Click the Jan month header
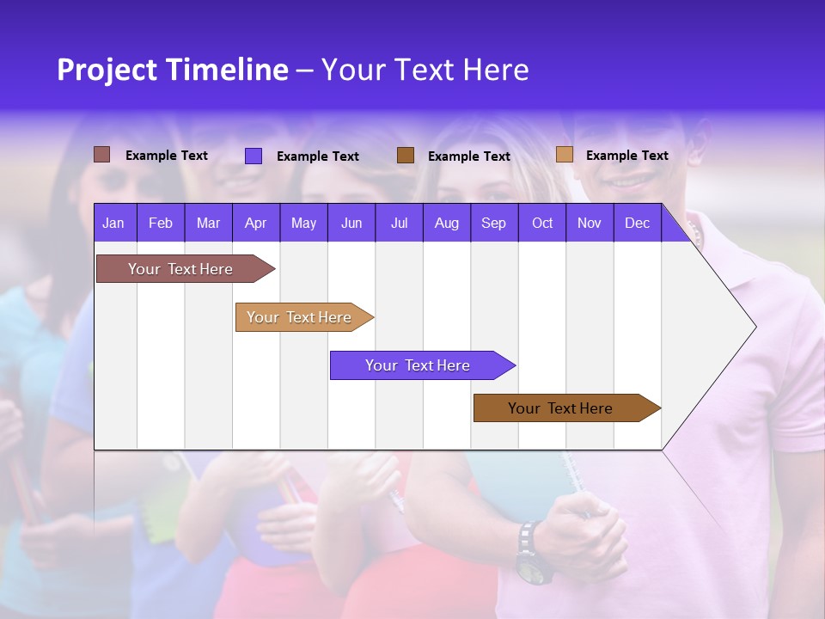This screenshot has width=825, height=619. click(113, 224)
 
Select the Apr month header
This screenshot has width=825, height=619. click(255, 224)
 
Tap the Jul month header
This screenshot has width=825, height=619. click(399, 224)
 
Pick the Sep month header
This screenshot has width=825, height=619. click(493, 224)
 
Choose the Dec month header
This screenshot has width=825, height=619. click(637, 224)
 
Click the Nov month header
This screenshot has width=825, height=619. click(589, 224)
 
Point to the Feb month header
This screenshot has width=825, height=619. click(161, 224)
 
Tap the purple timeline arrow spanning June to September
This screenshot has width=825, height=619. click(419, 365)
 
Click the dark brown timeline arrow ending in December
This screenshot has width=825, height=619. click(563, 408)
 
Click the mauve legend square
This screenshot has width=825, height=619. click(101, 155)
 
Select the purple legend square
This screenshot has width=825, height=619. click(254, 156)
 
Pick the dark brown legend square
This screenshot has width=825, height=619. click(406, 156)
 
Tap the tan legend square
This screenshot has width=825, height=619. click(564, 155)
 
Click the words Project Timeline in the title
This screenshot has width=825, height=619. click(172, 70)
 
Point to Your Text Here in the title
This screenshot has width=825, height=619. click(425, 70)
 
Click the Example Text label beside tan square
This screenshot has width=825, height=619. click(626, 156)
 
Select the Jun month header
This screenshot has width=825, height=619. click(351, 224)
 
